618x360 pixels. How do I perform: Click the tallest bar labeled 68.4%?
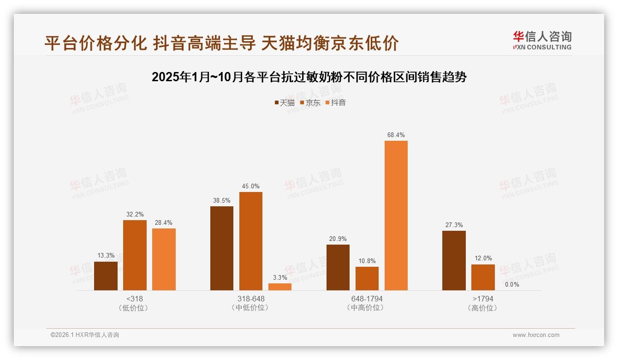tap(396, 215)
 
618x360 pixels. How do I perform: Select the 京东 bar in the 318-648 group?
tap(250, 241)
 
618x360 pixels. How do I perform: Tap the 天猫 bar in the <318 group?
tap(106, 276)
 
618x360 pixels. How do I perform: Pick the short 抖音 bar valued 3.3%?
tap(279, 287)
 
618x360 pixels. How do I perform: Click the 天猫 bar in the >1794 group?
tap(454, 260)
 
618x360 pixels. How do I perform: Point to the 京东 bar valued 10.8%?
tap(367, 278)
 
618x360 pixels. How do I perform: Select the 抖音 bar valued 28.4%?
tap(164, 259)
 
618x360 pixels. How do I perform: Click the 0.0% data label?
tap(512, 284)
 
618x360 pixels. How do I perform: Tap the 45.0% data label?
tap(250, 186)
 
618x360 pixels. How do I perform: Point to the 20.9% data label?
tap(338, 239)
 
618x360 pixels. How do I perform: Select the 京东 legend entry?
tap(310, 103)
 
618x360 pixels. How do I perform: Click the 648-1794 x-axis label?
tap(367, 299)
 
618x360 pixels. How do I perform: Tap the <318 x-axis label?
tap(134, 299)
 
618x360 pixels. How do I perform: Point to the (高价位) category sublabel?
tap(482, 308)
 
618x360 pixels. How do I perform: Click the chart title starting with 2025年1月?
tap(309, 77)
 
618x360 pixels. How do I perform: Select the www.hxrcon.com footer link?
tap(536, 335)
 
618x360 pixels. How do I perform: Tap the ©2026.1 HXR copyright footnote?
tap(85, 335)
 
